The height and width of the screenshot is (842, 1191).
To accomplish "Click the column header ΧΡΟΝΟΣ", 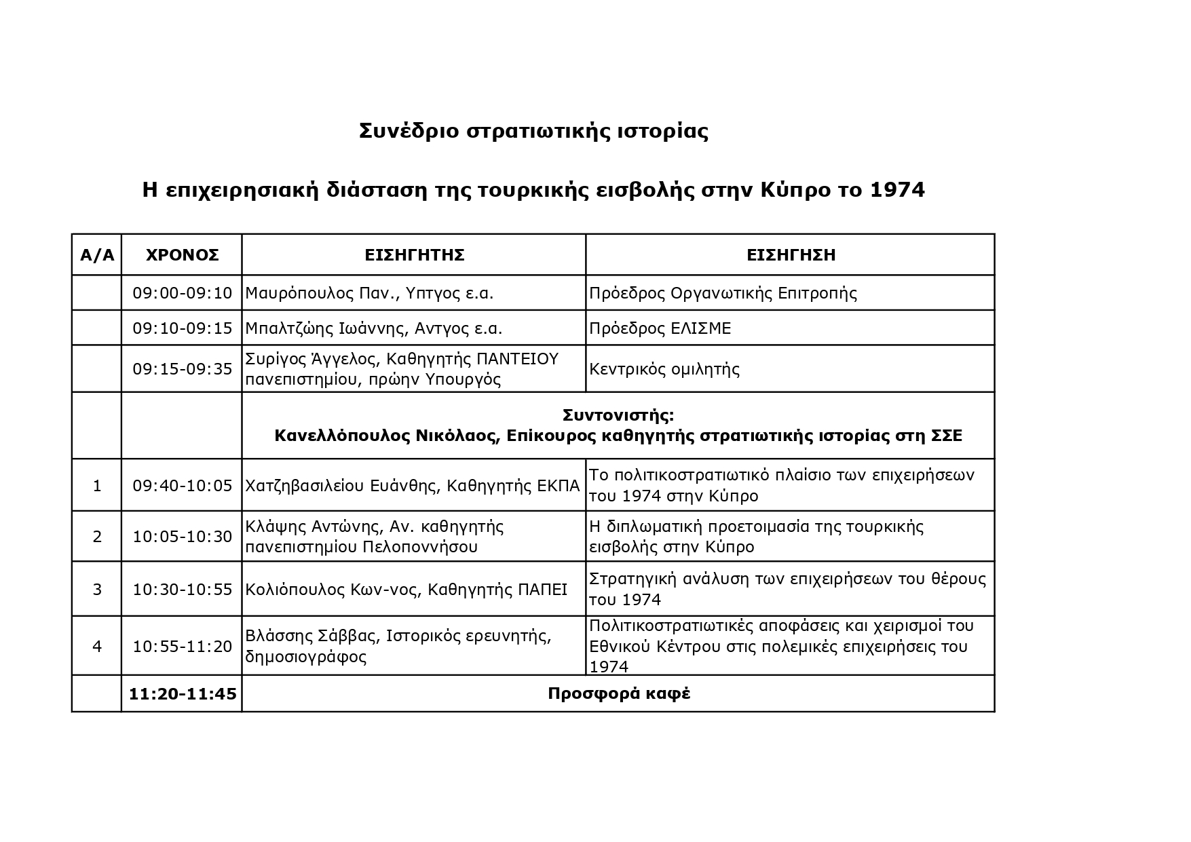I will click(182, 255).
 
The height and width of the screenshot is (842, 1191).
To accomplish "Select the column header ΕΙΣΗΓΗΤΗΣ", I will click(414, 255).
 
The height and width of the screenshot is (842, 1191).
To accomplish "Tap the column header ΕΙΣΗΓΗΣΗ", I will click(791, 255).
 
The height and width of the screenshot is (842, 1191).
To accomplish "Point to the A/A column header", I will click(97, 255).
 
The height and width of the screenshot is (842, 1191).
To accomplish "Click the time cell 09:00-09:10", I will click(182, 293).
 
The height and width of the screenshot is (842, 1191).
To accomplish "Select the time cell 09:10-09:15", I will click(182, 328).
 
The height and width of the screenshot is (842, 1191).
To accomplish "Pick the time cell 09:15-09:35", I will click(182, 369).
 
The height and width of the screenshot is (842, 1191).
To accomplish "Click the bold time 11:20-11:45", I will click(182, 694).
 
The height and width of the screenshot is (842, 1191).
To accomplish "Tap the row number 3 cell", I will click(97, 589).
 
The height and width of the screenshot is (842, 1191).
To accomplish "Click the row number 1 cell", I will click(97, 486).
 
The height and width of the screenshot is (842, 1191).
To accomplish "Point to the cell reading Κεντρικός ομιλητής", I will click(664, 370).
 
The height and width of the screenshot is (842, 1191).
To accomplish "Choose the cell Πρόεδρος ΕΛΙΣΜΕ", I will click(660, 328).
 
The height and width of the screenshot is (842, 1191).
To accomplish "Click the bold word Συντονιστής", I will click(618, 415).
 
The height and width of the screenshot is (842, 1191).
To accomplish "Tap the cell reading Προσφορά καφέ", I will click(618, 694).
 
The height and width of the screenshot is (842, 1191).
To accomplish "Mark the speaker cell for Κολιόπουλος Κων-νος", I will click(406, 590).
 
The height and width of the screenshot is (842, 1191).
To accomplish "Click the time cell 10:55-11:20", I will click(182, 647).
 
